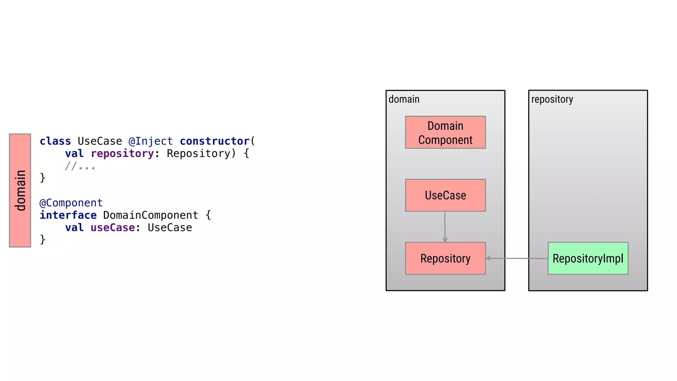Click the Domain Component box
[445, 132]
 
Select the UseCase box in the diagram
[445, 195]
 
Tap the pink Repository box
[445, 258]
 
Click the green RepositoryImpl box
[588, 258]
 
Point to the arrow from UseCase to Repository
[445, 227]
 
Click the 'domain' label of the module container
[404, 99]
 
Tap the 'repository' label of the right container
[552, 99]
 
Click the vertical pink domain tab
[20, 190]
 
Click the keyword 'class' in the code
[55, 141]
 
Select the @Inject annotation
[150, 141]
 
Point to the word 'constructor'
[215, 141]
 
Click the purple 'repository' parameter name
[122, 153]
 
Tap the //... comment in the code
[80, 166]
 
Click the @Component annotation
[71, 203]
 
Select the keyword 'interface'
[68, 215]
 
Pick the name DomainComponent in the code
[150, 215]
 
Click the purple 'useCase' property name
[113, 228]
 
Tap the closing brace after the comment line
[43, 178]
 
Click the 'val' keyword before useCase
[74, 228]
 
